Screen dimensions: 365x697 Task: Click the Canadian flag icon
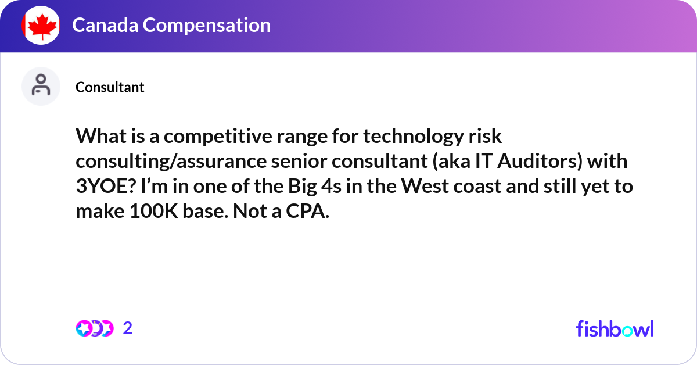40,26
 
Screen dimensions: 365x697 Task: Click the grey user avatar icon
41,86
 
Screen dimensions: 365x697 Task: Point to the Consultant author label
110,87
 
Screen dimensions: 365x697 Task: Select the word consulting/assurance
172,162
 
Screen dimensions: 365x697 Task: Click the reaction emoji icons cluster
94,328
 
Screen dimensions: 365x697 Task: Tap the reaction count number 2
128,328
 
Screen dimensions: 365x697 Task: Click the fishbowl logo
615,328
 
